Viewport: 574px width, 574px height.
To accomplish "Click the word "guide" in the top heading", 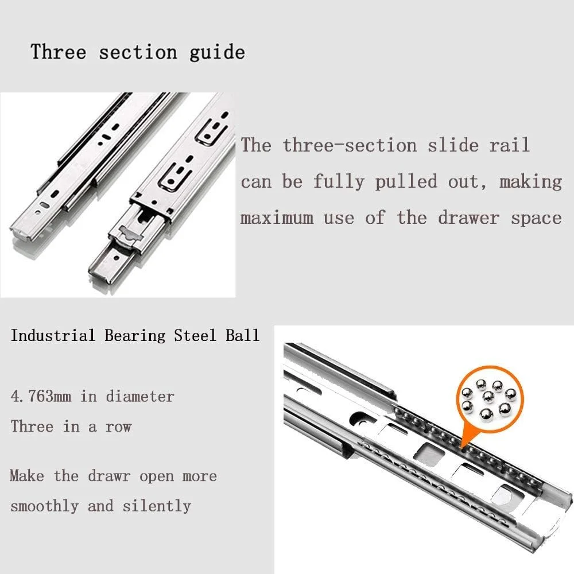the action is coord(217,52).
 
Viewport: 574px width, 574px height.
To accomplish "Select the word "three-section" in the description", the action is coord(350,145).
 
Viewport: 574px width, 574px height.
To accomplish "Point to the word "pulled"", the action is coord(406,181).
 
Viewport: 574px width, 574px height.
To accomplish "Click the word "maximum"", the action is coord(277,218).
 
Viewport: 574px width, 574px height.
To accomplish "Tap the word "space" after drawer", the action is coord(536,219).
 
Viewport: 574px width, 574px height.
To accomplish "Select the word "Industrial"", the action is coord(53,335).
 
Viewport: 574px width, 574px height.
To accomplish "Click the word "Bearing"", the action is coord(135,336).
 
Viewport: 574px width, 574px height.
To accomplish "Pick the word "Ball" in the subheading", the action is coord(242,335).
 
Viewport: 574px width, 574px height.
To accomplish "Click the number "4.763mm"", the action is coord(41,397).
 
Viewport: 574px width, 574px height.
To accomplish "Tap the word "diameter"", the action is coord(140,397).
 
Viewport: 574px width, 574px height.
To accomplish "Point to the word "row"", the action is coord(118,428).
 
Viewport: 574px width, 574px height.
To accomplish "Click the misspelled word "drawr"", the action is coord(109,476).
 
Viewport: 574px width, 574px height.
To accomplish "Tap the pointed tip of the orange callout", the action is coord(462,447).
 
